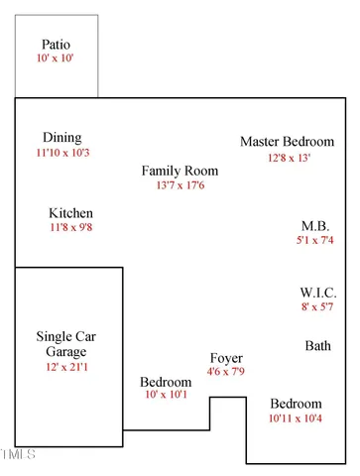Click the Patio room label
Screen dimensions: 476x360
coord(57,45)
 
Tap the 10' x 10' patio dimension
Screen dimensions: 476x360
coord(57,59)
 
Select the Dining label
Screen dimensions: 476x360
coord(62,138)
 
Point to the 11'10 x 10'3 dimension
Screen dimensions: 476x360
coord(62,153)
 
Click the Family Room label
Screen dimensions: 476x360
coord(180,171)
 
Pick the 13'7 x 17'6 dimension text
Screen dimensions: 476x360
coord(180,185)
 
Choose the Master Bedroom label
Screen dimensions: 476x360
coord(288,142)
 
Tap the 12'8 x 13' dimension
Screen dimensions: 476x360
coord(288,158)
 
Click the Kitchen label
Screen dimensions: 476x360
coord(71,213)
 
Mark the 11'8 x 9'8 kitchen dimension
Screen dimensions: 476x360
coord(71,228)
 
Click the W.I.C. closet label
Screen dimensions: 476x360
coord(318,293)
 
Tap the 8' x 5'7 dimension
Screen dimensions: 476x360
coord(318,307)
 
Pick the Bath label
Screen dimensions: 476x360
coord(318,346)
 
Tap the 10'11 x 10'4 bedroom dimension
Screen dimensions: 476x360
coord(297,419)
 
